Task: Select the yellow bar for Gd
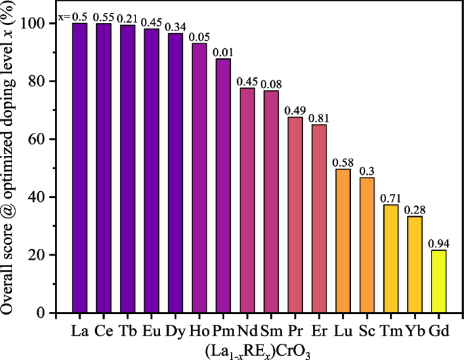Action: click(x=438, y=281)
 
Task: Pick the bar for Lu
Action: click(x=343, y=241)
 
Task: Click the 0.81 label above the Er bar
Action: click(x=318, y=118)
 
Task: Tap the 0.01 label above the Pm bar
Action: click(x=223, y=52)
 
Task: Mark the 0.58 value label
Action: click(x=343, y=162)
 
